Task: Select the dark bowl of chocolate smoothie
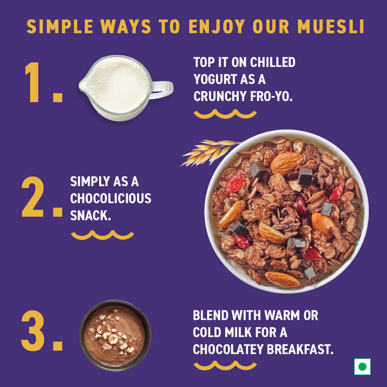click(115, 336)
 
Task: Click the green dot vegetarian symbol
click(362, 366)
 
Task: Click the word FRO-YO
click(271, 96)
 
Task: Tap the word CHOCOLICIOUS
click(111, 199)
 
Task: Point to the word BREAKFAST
click(301, 349)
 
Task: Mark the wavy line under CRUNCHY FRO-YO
click(225, 114)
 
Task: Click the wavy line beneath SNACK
click(103, 235)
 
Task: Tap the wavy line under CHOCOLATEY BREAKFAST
click(225, 366)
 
